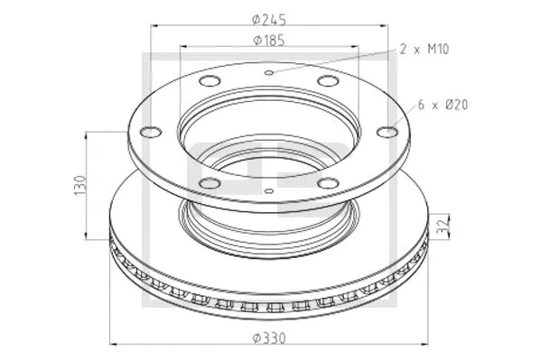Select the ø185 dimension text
(269, 40)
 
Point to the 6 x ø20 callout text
(442, 106)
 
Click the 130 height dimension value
(79, 184)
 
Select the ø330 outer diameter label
(269, 337)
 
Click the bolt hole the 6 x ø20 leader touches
(386, 134)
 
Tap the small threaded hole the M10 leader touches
(269, 73)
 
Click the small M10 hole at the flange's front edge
(269, 190)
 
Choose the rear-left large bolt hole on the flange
(209, 83)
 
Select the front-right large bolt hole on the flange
(329, 183)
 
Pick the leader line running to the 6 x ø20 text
(405, 118)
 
